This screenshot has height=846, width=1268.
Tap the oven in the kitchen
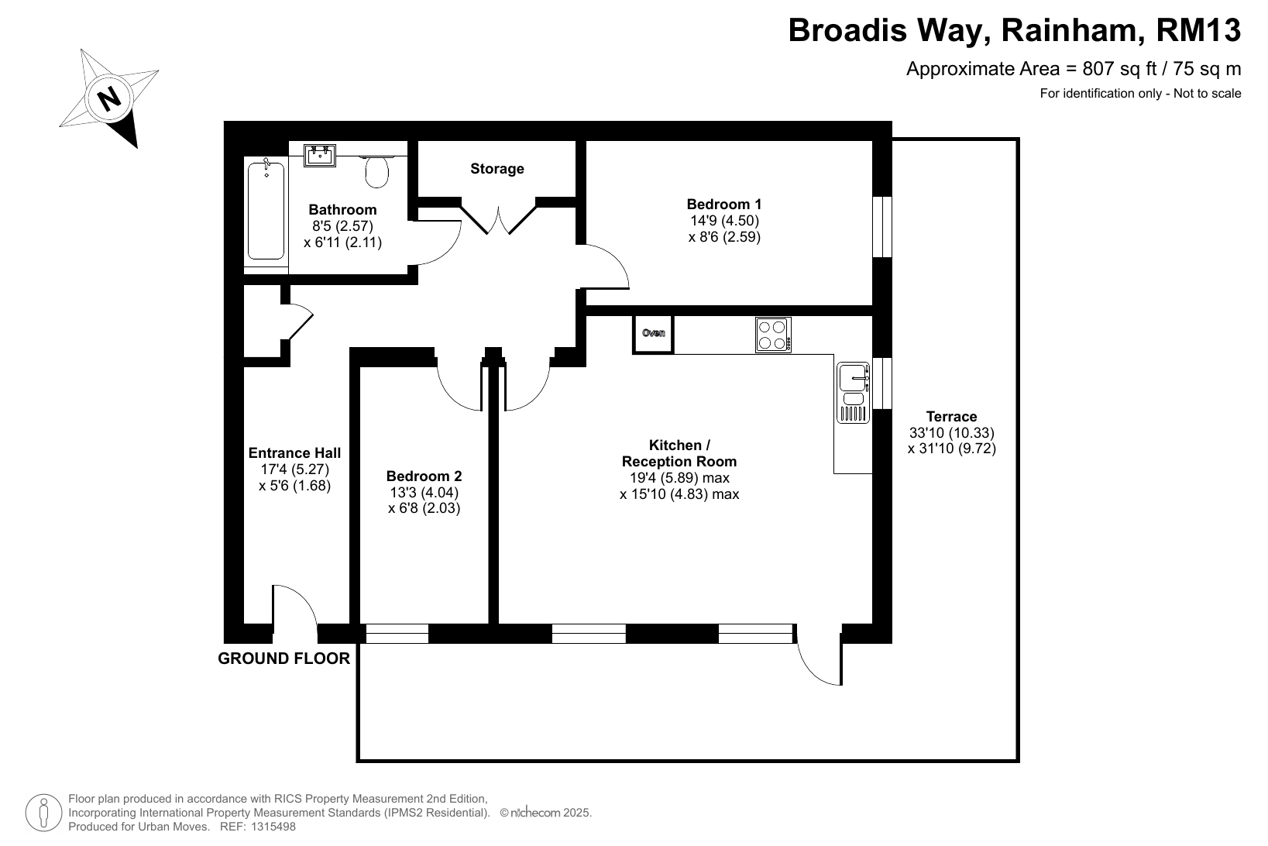[653, 334]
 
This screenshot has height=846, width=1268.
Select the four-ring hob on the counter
[773, 335]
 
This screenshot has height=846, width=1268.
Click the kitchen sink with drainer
[853, 393]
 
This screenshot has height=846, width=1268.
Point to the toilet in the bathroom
[377, 171]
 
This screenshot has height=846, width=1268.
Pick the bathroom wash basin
[320, 155]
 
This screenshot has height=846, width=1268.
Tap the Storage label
[497, 169]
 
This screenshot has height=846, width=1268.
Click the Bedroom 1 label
[724, 204]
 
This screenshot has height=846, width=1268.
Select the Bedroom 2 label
[424, 476]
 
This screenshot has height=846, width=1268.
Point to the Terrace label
[951, 416]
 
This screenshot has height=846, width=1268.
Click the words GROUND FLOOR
[283, 659]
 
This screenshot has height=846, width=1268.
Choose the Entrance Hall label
[294, 453]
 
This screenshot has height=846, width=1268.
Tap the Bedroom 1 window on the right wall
[882, 226]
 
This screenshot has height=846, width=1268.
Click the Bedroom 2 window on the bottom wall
[397, 634]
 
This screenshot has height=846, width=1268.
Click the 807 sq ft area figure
[1119, 69]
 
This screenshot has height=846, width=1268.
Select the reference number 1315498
[274, 827]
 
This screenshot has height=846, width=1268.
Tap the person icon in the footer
[43, 813]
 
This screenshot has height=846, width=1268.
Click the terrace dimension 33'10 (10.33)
[951, 432]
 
